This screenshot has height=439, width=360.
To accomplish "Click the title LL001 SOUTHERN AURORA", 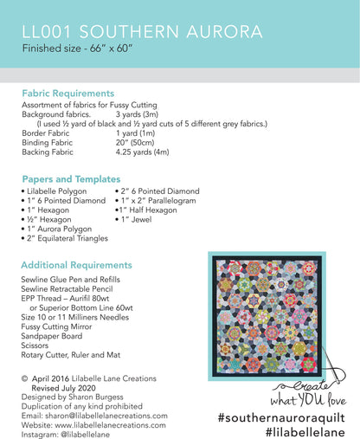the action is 144,32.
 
